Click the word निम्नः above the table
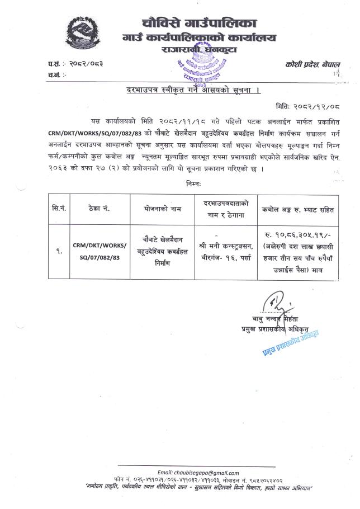tap(193, 183)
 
